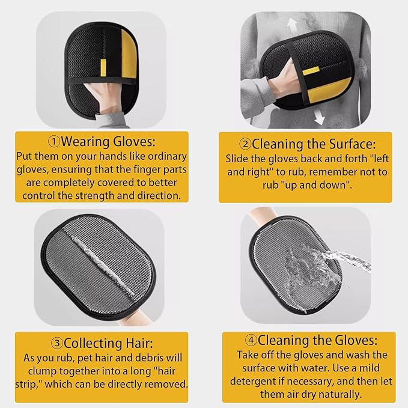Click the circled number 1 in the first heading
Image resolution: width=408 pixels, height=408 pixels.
[55, 142]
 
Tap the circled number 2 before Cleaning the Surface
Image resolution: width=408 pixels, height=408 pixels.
[245, 144]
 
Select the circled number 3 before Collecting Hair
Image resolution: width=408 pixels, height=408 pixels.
[57, 343]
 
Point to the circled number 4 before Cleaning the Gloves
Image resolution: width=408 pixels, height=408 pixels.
[251, 340]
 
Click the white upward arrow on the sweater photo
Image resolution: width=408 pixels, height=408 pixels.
[292, 25]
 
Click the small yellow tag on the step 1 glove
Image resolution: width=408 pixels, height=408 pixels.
[103, 68]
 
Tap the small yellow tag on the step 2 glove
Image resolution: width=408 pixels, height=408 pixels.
[311, 71]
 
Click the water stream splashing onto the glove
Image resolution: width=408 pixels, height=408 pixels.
[328, 270]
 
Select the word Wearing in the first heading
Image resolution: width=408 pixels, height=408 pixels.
[85, 142]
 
